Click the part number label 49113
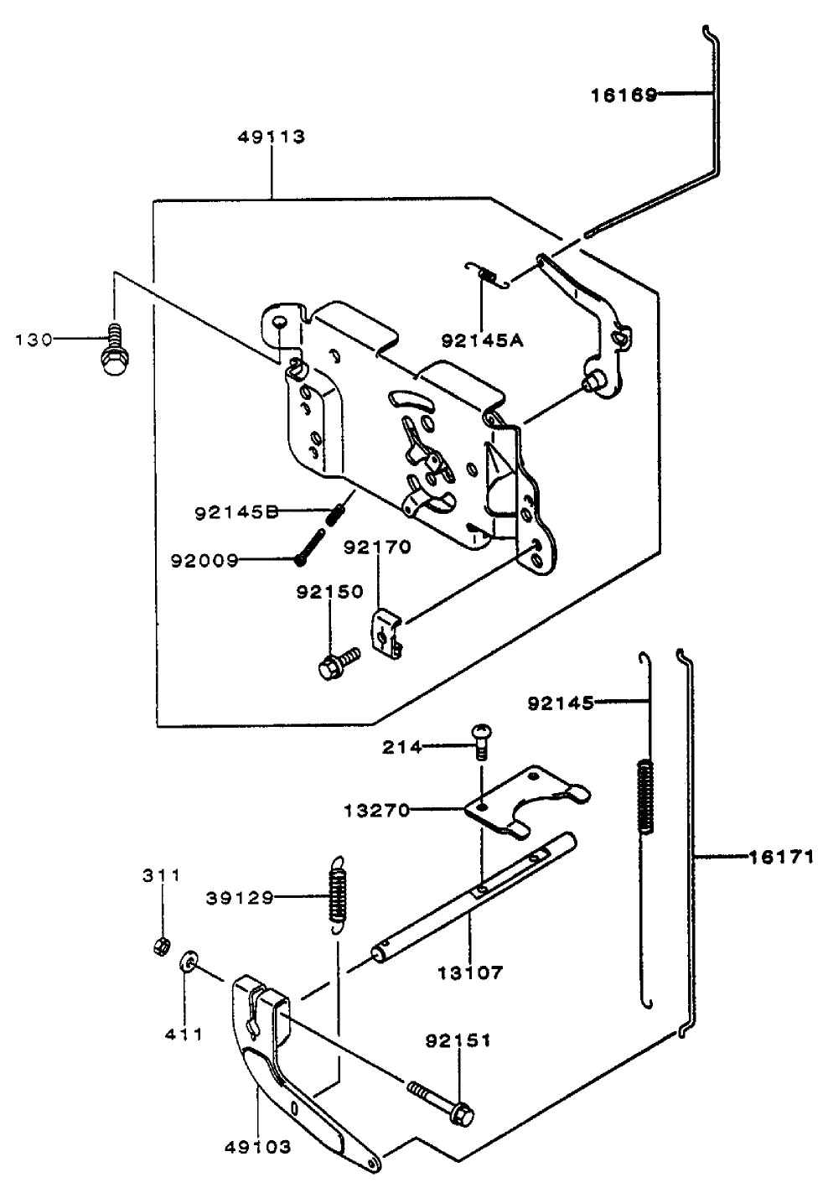coord(270,137)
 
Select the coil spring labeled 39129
coord(338,893)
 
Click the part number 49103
coord(258,1146)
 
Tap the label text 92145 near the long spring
coord(561,703)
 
